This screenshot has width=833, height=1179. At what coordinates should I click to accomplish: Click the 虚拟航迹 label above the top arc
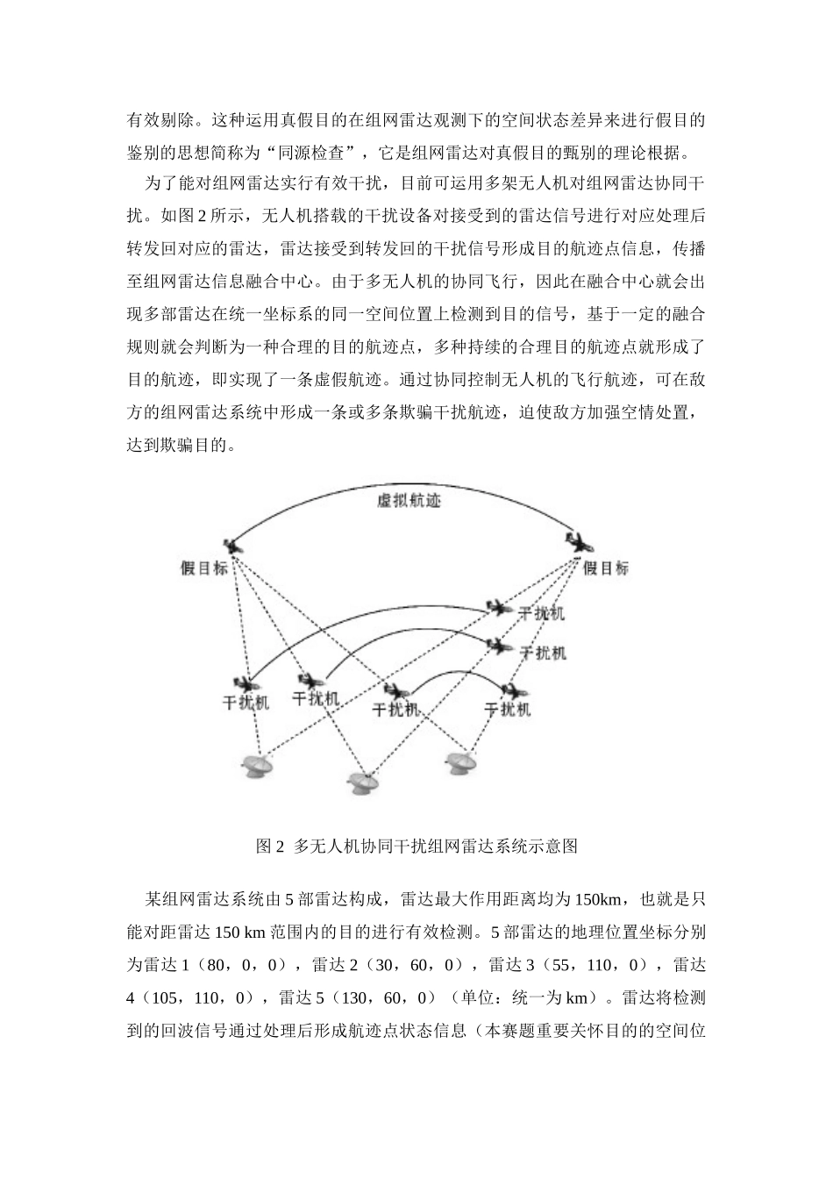[408, 502]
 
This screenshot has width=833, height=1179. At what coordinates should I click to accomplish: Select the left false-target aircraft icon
[232, 546]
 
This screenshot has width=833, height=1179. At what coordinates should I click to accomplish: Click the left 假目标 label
[203, 568]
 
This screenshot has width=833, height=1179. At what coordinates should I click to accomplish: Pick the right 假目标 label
[606, 568]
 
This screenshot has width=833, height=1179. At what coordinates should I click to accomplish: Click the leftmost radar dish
[259, 767]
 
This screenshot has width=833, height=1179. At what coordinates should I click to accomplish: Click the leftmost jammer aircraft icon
[244, 683]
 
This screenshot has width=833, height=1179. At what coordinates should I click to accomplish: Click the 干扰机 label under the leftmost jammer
[246, 703]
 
